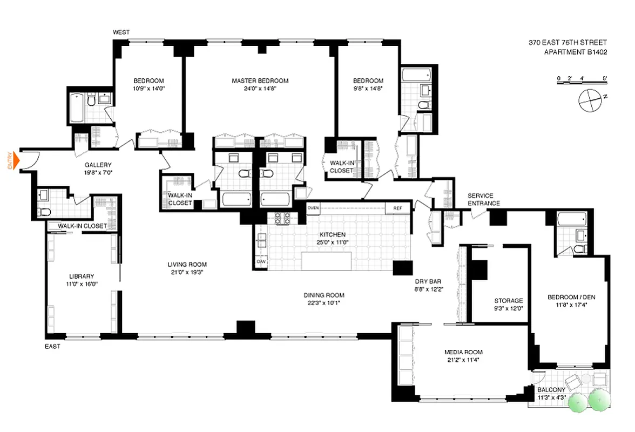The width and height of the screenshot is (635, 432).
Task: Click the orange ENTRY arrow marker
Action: [x=16, y=160]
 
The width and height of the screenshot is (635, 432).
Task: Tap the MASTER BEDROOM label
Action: [x=260, y=80]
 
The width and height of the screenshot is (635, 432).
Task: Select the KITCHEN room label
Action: [x=332, y=235]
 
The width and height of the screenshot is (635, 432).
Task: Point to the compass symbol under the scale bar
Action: [x=588, y=100]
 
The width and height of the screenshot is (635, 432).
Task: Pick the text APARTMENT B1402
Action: [x=575, y=52]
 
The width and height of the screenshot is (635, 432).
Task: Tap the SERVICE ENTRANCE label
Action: [x=484, y=199]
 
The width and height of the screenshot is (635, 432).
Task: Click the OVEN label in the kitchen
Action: [x=313, y=207]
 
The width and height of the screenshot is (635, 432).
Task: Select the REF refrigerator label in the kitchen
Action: [x=397, y=207]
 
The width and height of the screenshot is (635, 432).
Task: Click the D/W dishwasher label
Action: [x=261, y=262]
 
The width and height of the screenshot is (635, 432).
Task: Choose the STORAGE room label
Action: [x=508, y=301]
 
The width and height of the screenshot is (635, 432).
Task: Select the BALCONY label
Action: [x=551, y=390]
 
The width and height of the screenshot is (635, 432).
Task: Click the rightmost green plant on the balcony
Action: [x=598, y=400]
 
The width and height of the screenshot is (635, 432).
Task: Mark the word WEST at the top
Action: [x=121, y=32]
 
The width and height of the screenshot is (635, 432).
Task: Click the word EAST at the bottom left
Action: [x=52, y=346]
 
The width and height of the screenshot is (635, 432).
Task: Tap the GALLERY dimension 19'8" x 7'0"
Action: [x=98, y=173]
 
